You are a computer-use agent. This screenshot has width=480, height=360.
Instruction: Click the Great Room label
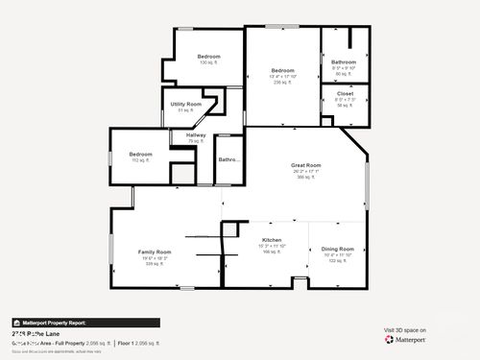pos(306,165)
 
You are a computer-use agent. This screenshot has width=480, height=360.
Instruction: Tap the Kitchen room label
pos(272,240)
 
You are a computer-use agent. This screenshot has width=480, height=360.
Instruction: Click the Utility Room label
pos(186,104)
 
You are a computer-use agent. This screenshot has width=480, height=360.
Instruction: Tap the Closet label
pos(345,94)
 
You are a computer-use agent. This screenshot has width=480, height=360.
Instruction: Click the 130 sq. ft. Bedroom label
pos(209,57)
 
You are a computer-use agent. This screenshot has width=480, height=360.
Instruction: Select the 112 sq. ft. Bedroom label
pos(141,154)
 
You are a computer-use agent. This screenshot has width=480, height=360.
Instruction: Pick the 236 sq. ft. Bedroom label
pos(282,71)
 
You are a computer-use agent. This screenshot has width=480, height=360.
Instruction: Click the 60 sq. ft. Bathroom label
pos(344,62)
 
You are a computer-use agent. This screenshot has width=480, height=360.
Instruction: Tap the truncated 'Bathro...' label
pos(228,159)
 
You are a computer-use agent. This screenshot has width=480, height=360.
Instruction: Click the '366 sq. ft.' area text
pos(306,178)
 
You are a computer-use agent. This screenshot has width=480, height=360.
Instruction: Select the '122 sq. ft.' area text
pos(339,260)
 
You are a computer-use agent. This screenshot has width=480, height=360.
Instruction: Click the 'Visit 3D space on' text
pos(404,329)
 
